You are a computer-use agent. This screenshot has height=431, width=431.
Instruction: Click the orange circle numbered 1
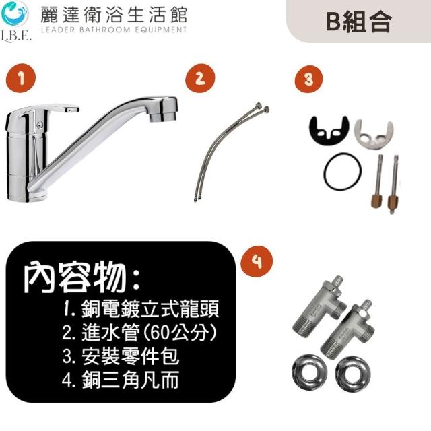tap(21, 78)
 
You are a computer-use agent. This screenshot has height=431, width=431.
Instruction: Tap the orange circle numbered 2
tap(200, 78)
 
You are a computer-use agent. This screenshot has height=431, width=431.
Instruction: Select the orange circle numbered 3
tap(308, 79)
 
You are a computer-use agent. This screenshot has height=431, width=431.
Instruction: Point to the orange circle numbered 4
tap(257, 261)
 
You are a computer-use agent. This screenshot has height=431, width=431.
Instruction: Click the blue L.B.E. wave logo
tap(15, 13)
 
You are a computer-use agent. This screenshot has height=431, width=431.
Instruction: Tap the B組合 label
tap(359, 22)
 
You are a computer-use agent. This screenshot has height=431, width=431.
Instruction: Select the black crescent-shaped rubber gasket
tap(329, 131)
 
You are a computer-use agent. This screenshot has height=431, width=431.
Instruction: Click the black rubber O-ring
tap(342, 171)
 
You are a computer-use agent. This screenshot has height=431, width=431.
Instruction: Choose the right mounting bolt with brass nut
tap(393, 185)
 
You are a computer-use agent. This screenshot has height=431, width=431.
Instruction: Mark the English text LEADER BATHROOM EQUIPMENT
tap(114, 30)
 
